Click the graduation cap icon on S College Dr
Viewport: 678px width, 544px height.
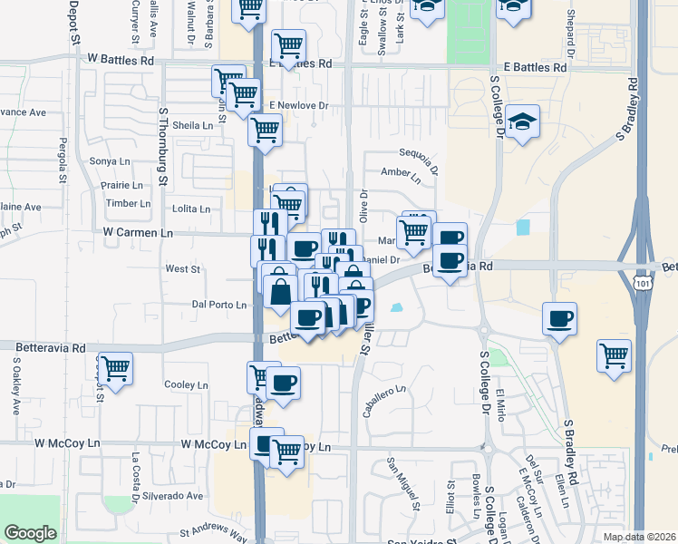522,123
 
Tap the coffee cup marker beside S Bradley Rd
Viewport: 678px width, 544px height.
558,319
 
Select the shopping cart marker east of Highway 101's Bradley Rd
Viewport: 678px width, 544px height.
614,355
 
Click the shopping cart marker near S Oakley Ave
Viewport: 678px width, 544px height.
116,369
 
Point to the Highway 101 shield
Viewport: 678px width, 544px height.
643,284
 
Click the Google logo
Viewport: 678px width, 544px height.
30,533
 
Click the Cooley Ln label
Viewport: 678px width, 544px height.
187,384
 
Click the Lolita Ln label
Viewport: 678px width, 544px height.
191,209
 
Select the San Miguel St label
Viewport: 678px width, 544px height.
405,481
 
